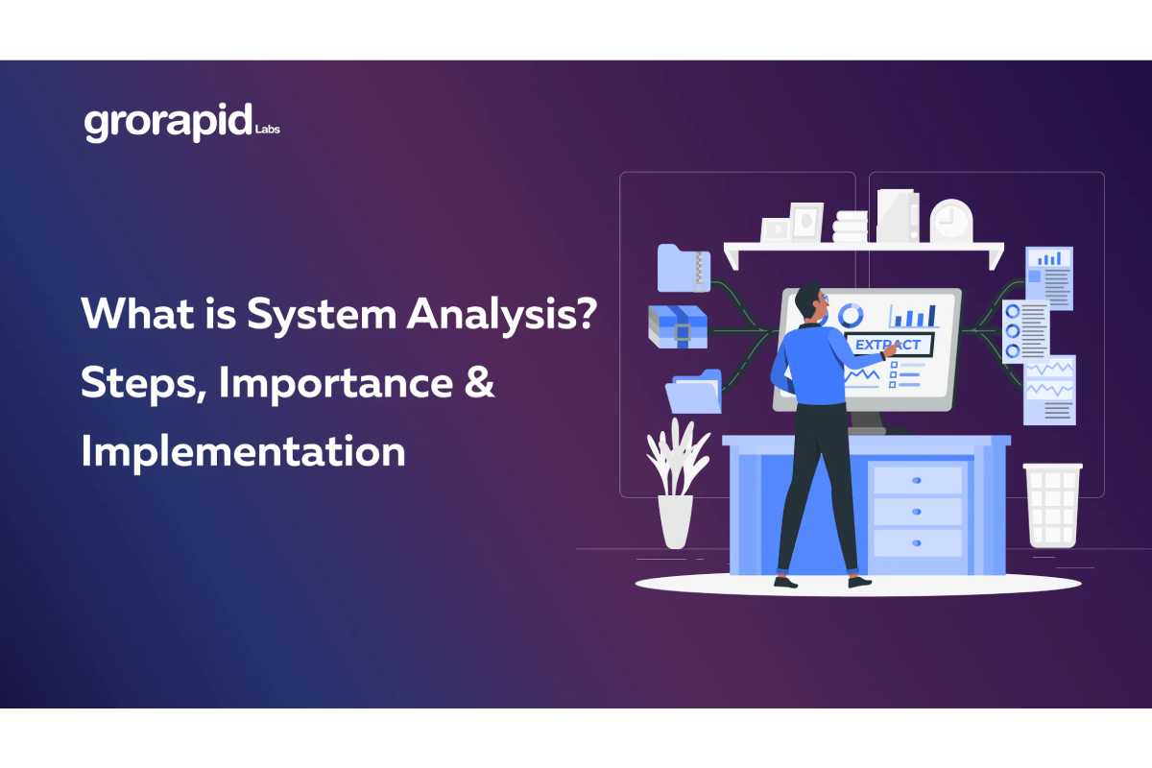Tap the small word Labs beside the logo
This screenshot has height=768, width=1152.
(268, 129)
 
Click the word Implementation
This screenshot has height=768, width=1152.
(243, 450)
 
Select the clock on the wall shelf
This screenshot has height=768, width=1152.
(950, 220)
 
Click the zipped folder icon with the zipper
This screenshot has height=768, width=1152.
(684, 267)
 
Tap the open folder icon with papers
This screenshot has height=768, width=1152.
(694, 391)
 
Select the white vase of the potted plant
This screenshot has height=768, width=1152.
(675, 521)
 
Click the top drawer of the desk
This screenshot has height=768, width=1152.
(917, 480)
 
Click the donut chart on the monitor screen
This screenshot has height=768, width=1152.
(850, 314)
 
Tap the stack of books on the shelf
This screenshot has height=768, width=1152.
(851, 227)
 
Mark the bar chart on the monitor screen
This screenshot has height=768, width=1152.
(912, 314)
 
